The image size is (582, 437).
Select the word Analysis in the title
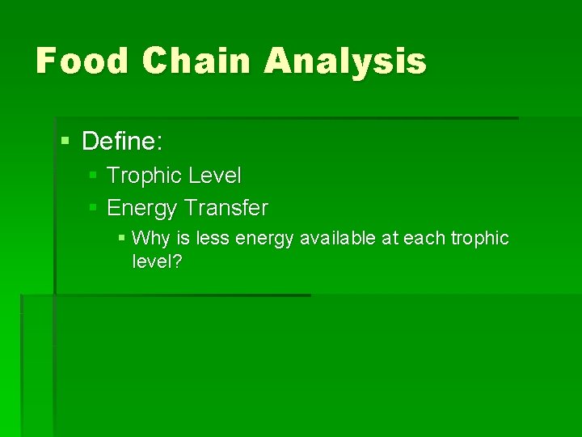pyautogui.click(x=345, y=61)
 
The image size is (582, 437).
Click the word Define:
pyautogui.click(x=122, y=142)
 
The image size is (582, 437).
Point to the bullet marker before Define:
pyautogui.click(x=65, y=142)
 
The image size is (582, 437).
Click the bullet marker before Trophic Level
pyautogui.click(x=94, y=175)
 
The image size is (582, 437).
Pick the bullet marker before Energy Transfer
pyautogui.click(x=94, y=208)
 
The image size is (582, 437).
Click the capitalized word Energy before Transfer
pyautogui.click(x=141, y=209)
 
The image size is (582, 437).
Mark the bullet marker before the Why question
pyautogui.click(x=121, y=238)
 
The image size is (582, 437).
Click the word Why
pyautogui.click(x=148, y=238)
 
